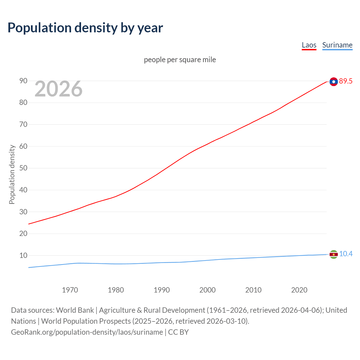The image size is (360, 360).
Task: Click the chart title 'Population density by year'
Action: coord(85,28)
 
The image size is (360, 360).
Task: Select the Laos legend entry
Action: coord(309,45)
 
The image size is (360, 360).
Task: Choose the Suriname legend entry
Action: coord(337,45)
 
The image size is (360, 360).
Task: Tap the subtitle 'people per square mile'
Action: coord(180,60)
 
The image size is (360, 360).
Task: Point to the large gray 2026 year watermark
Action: coord(58,89)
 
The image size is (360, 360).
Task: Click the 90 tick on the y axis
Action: coord(23,81)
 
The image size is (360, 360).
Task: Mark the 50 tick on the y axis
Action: coord(23,168)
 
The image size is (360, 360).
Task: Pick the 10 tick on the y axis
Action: coord(23,256)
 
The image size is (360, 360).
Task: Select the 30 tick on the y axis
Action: coord(23,212)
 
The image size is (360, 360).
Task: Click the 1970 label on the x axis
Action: coord(70,290)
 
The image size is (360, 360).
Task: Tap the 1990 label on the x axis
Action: coord(162,290)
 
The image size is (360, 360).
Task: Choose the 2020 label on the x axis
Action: coord(299,290)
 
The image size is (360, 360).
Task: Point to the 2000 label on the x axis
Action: coord(208,290)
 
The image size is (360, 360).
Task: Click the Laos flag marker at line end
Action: coord(334,82)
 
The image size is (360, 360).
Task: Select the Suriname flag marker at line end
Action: coord(334,254)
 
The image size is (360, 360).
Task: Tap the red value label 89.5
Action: coord(346,81)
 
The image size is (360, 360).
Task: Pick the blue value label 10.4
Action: coord(346,254)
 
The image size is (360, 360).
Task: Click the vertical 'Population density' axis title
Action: coord(12,174)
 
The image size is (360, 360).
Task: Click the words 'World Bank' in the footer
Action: coord(75,310)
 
